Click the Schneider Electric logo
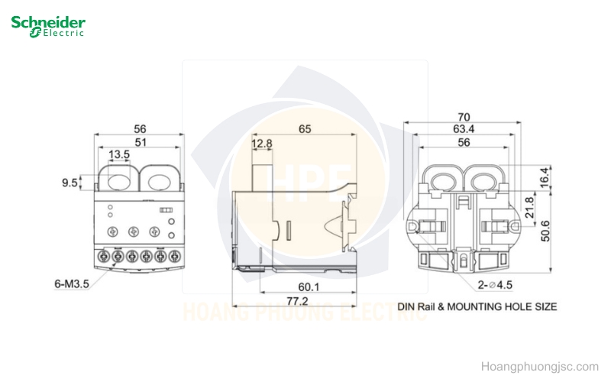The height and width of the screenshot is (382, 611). pos(48,26)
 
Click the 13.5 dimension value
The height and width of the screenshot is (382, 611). pos(119,154)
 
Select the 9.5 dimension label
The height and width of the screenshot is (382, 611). pos(70,183)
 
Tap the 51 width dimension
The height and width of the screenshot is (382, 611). pos(141,142)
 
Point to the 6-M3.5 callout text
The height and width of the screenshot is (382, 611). pos(72,283)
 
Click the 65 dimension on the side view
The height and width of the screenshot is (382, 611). pos(305,128)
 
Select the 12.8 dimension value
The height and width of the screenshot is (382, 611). pos(261,144)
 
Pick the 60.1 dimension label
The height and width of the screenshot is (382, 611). pos(309,287)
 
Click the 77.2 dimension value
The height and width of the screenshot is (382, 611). pos(297,301)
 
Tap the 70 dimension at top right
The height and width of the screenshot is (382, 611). pos(464,117)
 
